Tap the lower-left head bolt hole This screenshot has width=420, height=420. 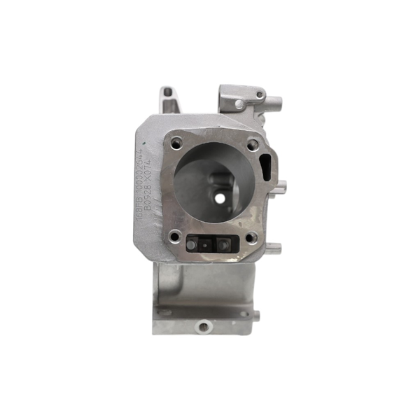pos(175,236)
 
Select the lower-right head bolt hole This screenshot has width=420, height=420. pos(251,237)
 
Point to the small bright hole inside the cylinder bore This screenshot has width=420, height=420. pos(220,198)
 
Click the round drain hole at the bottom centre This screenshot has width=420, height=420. pos(204,325)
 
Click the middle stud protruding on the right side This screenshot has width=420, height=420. pos(281,188)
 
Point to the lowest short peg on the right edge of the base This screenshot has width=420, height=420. pos(257,316)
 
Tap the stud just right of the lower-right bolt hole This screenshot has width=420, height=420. pos(273,248)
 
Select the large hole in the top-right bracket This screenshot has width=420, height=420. pos(239,104)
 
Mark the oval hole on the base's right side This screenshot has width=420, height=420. pos(244,313)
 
